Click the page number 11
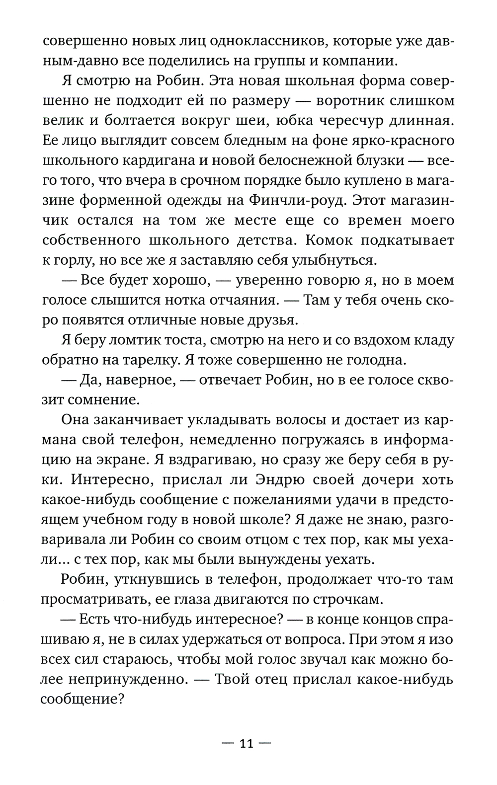pyautogui.click(x=247, y=743)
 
